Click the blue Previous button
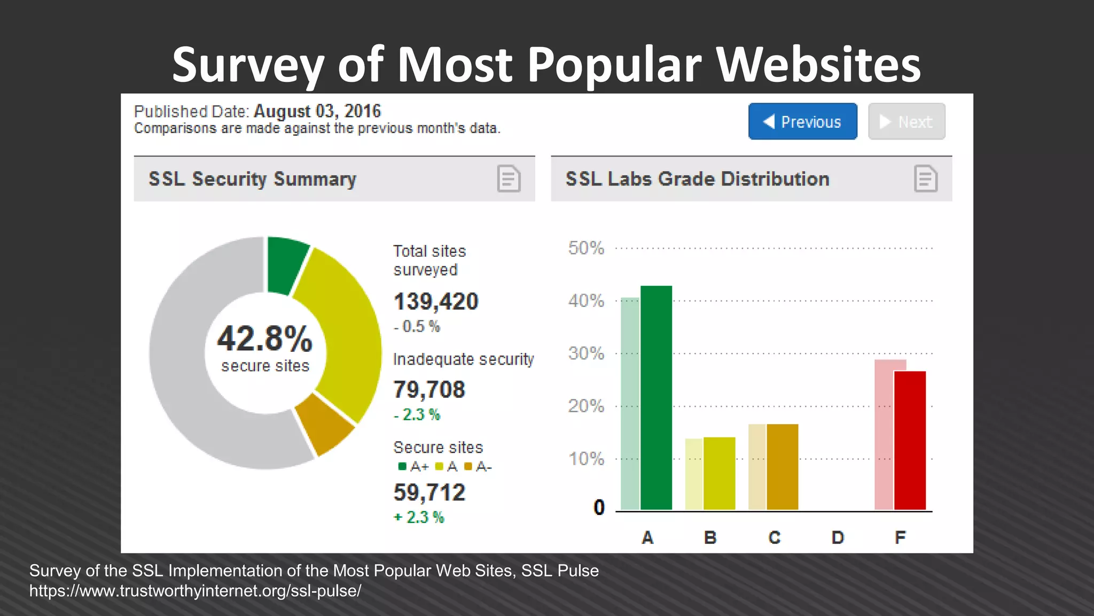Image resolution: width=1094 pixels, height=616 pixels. (x=802, y=122)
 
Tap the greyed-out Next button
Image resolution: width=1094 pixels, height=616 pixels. (x=907, y=122)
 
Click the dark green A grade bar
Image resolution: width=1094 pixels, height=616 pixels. (x=656, y=398)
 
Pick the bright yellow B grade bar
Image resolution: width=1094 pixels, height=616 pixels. (x=719, y=473)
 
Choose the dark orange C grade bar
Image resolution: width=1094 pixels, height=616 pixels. (x=782, y=467)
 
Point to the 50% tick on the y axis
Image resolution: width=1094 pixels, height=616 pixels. (x=586, y=248)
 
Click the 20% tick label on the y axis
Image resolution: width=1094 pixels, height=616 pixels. (x=586, y=406)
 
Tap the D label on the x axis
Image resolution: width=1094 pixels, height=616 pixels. (x=838, y=537)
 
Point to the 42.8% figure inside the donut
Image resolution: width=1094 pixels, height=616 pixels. (x=265, y=339)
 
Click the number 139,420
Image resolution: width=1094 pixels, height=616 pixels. (x=436, y=302)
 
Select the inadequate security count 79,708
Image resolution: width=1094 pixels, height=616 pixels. (x=429, y=390)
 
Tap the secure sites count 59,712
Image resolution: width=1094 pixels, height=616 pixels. (x=429, y=492)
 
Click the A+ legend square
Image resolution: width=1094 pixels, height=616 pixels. (x=402, y=466)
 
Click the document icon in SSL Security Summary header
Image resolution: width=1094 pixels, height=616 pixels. (x=509, y=179)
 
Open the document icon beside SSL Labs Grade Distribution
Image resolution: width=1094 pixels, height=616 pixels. (x=925, y=179)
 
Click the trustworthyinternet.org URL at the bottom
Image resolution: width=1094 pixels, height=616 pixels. (x=195, y=591)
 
